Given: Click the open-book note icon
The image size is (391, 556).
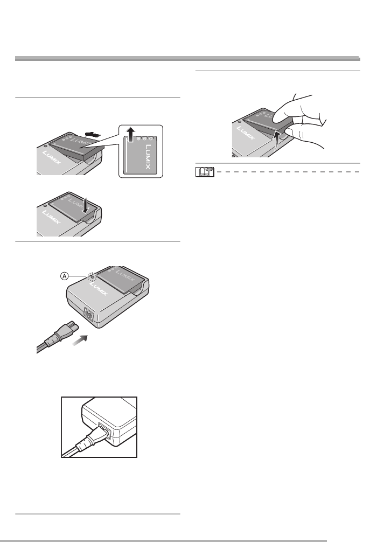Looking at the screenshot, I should [205, 172].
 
